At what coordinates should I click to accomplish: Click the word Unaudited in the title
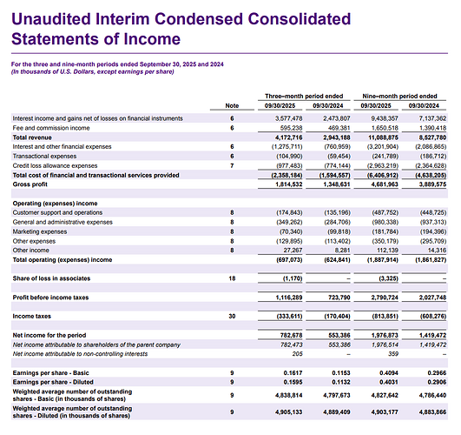pyautogui.click(x=51, y=19)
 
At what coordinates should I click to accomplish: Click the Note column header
pyautogui.click(x=232, y=105)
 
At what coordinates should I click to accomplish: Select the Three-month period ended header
pyautogui.click(x=304, y=96)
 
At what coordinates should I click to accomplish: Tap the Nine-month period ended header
pyautogui.click(x=400, y=96)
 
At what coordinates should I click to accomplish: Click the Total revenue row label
pyautogui.click(x=32, y=137)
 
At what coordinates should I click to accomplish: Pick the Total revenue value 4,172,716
pyautogui.click(x=289, y=137)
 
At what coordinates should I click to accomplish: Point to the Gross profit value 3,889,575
pyautogui.click(x=432, y=184)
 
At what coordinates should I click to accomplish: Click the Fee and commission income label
pyautogui.click(x=51, y=128)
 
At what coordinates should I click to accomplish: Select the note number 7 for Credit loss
pyautogui.click(x=232, y=165)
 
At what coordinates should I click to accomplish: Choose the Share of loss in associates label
pyautogui.click(x=51, y=278)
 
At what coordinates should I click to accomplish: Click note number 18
pyautogui.click(x=232, y=278)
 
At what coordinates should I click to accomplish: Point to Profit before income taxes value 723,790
pyautogui.click(x=339, y=298)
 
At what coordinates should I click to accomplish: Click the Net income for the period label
pyautogui.click(x=49, y=335)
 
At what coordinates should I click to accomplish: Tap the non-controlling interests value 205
pyautogui.click(x=297, y=354)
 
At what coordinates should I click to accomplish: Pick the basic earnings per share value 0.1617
pyautogui.click(x=293, y=373)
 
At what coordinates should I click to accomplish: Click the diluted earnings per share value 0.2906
pyautogui.click(x=437, y=382)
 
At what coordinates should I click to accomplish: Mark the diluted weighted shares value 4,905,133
pyautogui.click(x=289, y=412)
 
